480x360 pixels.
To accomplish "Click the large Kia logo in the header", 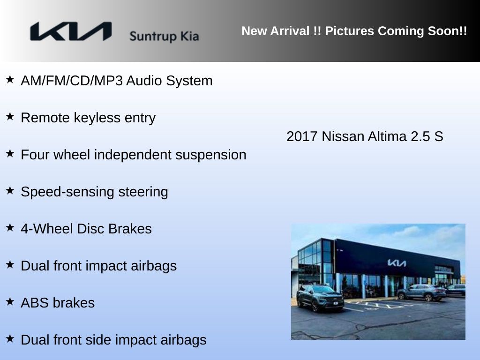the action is (x=71, y=31).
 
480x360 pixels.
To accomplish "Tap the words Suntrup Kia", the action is (x=164, y=37).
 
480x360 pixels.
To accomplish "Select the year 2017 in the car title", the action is (x=302, y=136).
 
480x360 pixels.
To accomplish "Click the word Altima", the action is (x=387, y=136).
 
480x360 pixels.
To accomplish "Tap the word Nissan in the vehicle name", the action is (x=343, y=136).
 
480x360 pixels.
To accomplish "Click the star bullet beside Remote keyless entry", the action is (x=10, y=116).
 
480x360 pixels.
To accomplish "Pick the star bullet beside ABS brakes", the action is (x=10, y=301).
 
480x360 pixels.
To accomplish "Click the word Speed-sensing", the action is (x=67, y=192).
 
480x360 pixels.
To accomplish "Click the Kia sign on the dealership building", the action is (x=397, y=262).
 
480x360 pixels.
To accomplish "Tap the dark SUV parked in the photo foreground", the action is (x=320, y=298).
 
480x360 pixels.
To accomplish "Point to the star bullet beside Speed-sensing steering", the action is (x=10, y=190).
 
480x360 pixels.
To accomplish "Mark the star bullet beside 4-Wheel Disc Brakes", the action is (x=10, y=227).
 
